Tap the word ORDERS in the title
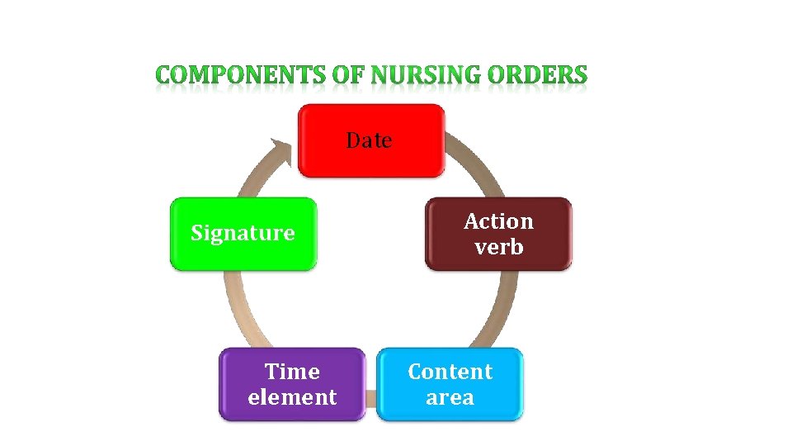coord(538,76)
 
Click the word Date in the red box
coord(370,140)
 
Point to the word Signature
coord(243,233)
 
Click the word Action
coord(499,221)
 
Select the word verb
coord(499,246)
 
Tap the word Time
coord(292,372)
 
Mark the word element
coord(292,397)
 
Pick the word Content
coord(450,372)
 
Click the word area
coord(450,397)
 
